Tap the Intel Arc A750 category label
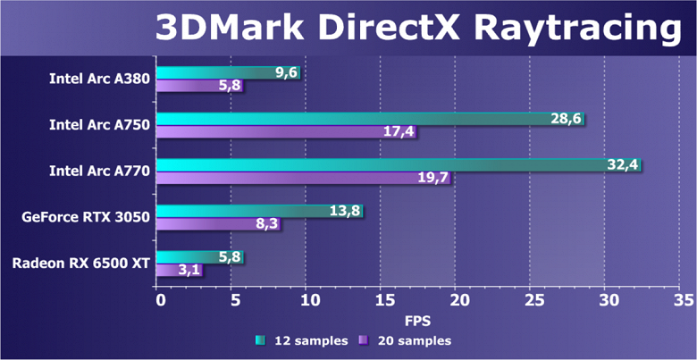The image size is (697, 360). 99,124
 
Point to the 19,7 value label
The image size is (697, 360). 432,178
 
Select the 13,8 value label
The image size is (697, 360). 344,210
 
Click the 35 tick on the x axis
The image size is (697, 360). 684,298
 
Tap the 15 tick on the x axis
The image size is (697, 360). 382,298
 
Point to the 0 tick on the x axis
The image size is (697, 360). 159,298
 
